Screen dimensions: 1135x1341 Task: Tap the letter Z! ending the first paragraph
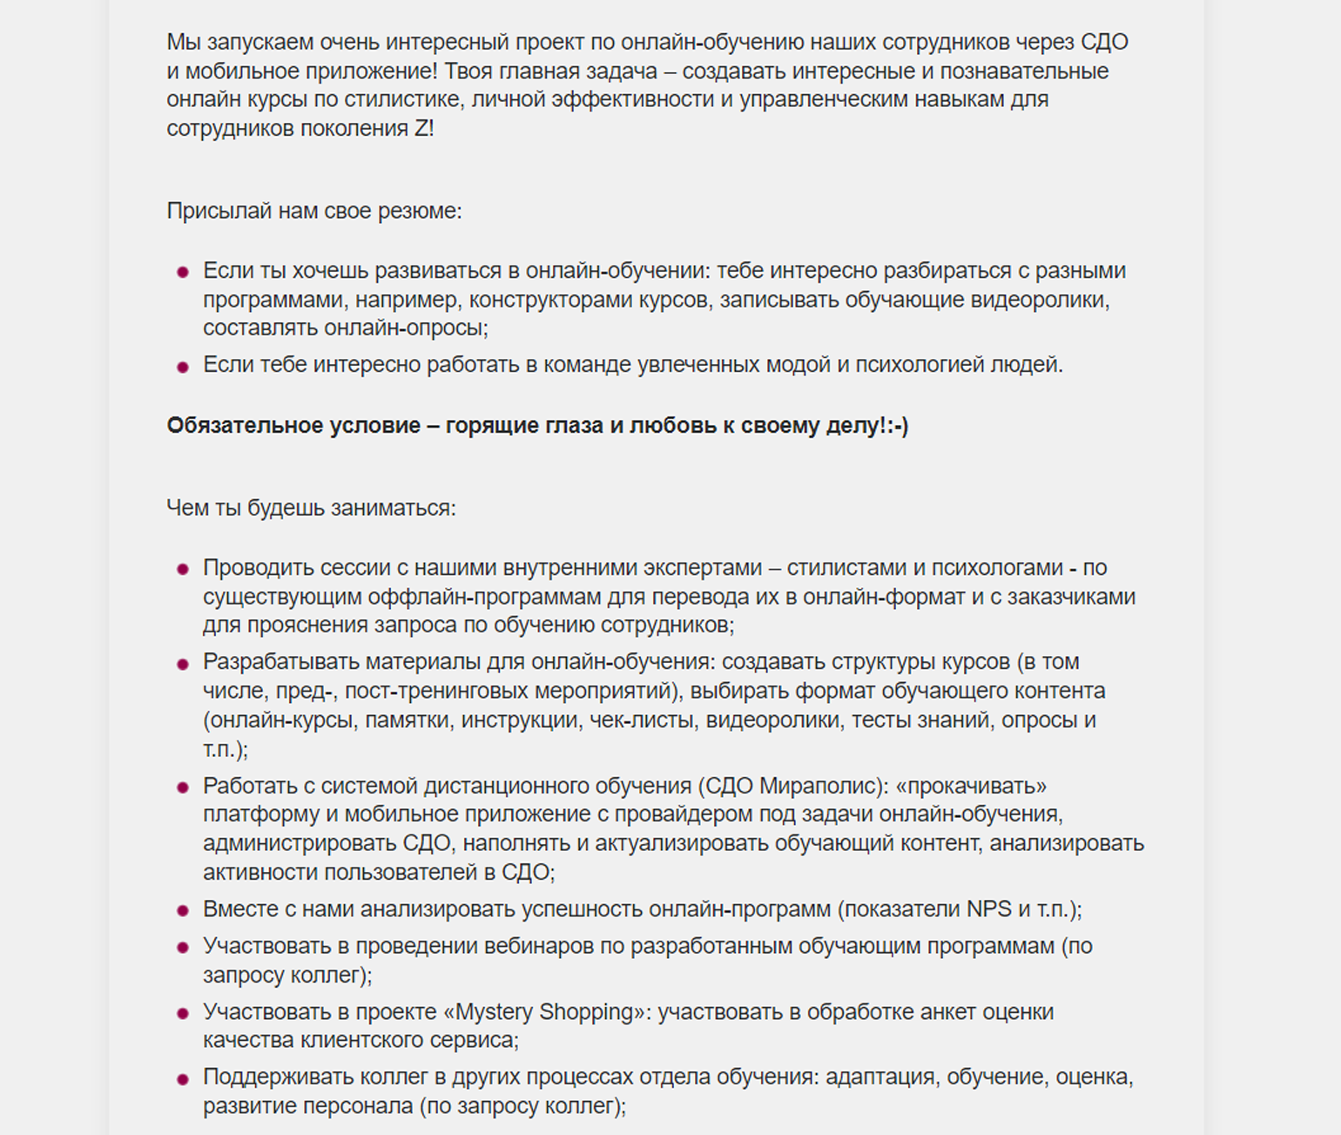(x=424, y=129)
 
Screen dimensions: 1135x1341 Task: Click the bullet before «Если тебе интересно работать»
(x=183, y=368)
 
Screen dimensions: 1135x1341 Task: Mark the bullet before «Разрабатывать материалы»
(x=183, y=665)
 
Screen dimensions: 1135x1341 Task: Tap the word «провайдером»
(x=678, y=814)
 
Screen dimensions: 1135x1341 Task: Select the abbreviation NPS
(x=988, y=909)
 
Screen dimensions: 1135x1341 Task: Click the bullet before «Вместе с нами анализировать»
(x=183, y=911)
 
